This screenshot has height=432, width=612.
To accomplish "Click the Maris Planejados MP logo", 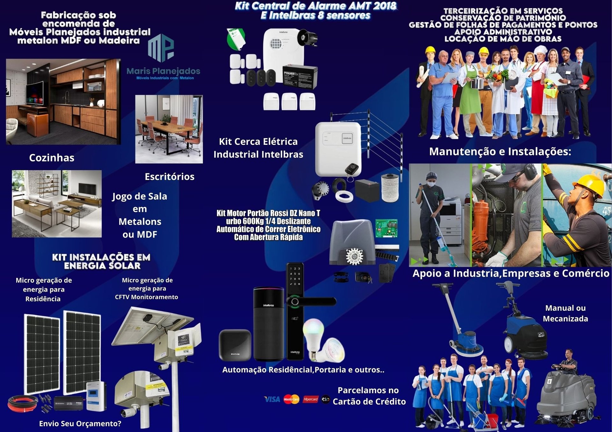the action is click(x=161, y=48).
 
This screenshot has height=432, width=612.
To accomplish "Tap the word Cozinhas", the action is click(x=52, y=158).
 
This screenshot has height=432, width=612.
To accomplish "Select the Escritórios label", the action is click(x=170, y=177).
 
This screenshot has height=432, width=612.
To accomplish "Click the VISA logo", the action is click(x=272, y=399).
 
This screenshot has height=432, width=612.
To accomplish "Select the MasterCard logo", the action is click(x=291, y=399).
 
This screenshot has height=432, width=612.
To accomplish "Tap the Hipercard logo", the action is click(x=310, y=399).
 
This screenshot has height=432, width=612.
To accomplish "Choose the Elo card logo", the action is click(x=325, y=399).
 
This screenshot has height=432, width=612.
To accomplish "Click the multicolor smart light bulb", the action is click(x=313, y=334).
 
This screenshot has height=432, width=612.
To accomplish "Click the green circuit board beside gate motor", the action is click(x=386, y=228).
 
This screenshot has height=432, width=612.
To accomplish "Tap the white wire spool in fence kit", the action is click(x=390, y=188).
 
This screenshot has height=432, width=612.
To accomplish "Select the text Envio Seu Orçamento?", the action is click(x=80, y=423).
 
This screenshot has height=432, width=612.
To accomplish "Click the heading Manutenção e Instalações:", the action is click(x=500, y=152).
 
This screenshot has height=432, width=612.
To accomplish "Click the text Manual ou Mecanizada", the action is click(x=565, y=313).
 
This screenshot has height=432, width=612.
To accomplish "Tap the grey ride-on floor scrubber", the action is click(x=566, y=395).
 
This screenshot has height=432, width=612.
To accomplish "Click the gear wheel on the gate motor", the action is click(x=354, y=256).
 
